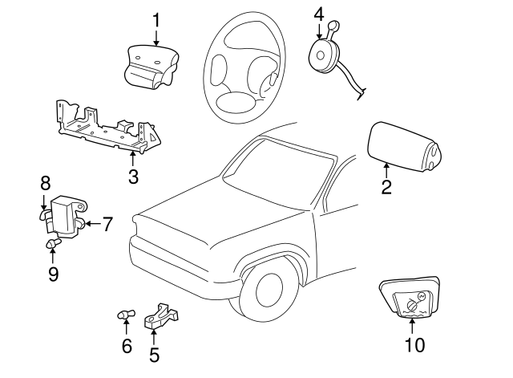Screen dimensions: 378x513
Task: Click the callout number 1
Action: [x=156, y=18]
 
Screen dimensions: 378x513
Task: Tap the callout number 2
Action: [x=386, y=188]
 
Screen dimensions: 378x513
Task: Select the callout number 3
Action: [x=133, y=176]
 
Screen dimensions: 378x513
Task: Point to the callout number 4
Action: [x=319, y=14]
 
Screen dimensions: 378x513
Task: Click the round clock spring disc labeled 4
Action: [x=324, y=54]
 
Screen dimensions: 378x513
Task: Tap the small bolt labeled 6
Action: [x=124, y=315]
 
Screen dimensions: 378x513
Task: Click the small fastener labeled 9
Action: [x=52, y=244]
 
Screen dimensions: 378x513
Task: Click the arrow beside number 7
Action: [x=91, y=224]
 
